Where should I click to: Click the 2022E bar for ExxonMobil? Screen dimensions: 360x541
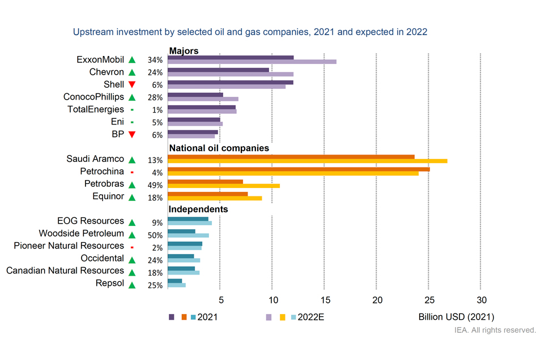click(x=252, y=62)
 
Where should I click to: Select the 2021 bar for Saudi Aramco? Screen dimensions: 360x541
click(x=291, y=157)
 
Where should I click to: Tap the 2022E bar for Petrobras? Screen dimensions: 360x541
click(x=224, y=186)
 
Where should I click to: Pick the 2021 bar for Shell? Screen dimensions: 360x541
click(x=231, y=82)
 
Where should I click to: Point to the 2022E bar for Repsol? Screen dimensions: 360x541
click(x=177, y=285)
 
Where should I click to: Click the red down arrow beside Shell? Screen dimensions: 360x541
click(x=132, y=85)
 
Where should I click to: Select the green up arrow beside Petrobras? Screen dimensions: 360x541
click(x=132, y=185)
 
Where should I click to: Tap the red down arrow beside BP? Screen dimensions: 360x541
click(x=132, y=135)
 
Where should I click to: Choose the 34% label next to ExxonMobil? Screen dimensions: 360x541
click(x=155, y=60)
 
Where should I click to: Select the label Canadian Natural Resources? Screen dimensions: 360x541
click(x=65, y=271)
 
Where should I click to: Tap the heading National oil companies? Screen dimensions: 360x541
click(x=219, y=148)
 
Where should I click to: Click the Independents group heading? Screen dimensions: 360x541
click(x=198, y=209)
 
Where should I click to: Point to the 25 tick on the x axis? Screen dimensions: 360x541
click(x=428, y=300)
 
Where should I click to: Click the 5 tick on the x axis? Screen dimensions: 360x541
click(x=220, y=300)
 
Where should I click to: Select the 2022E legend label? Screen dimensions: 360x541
click(x=311, y=317)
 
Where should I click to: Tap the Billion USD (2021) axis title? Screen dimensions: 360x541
click(x=456, y=317)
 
